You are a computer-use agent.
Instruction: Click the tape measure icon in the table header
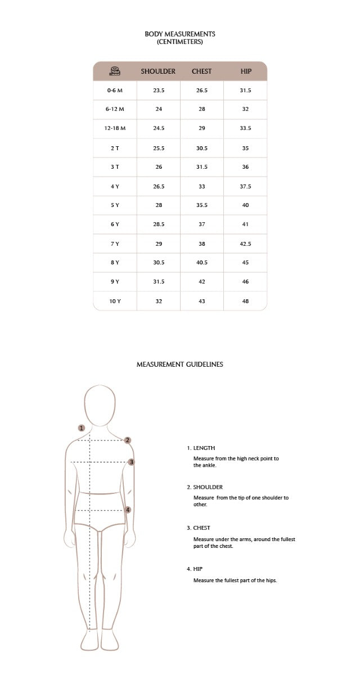115,71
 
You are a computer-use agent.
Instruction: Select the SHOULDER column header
158,71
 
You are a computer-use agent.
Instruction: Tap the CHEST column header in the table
202,71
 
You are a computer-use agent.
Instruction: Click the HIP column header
246,71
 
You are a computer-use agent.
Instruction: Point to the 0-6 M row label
115,90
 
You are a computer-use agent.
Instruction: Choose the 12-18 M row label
115,128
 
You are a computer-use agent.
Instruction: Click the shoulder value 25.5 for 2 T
159,148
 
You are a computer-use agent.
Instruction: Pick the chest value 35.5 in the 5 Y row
202,205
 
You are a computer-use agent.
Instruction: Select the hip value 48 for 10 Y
245,301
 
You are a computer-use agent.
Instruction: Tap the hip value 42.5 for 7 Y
245,244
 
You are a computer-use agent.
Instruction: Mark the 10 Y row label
115,301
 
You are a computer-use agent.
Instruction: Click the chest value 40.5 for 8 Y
202,263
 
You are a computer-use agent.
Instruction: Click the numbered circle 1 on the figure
82,428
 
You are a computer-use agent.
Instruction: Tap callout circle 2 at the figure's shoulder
128,440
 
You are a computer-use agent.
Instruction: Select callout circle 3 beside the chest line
131,462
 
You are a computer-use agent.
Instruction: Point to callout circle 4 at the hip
128,510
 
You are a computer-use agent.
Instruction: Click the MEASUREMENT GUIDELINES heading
180,364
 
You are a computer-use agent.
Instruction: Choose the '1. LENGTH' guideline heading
201,448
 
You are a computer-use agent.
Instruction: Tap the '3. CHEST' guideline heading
199,528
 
